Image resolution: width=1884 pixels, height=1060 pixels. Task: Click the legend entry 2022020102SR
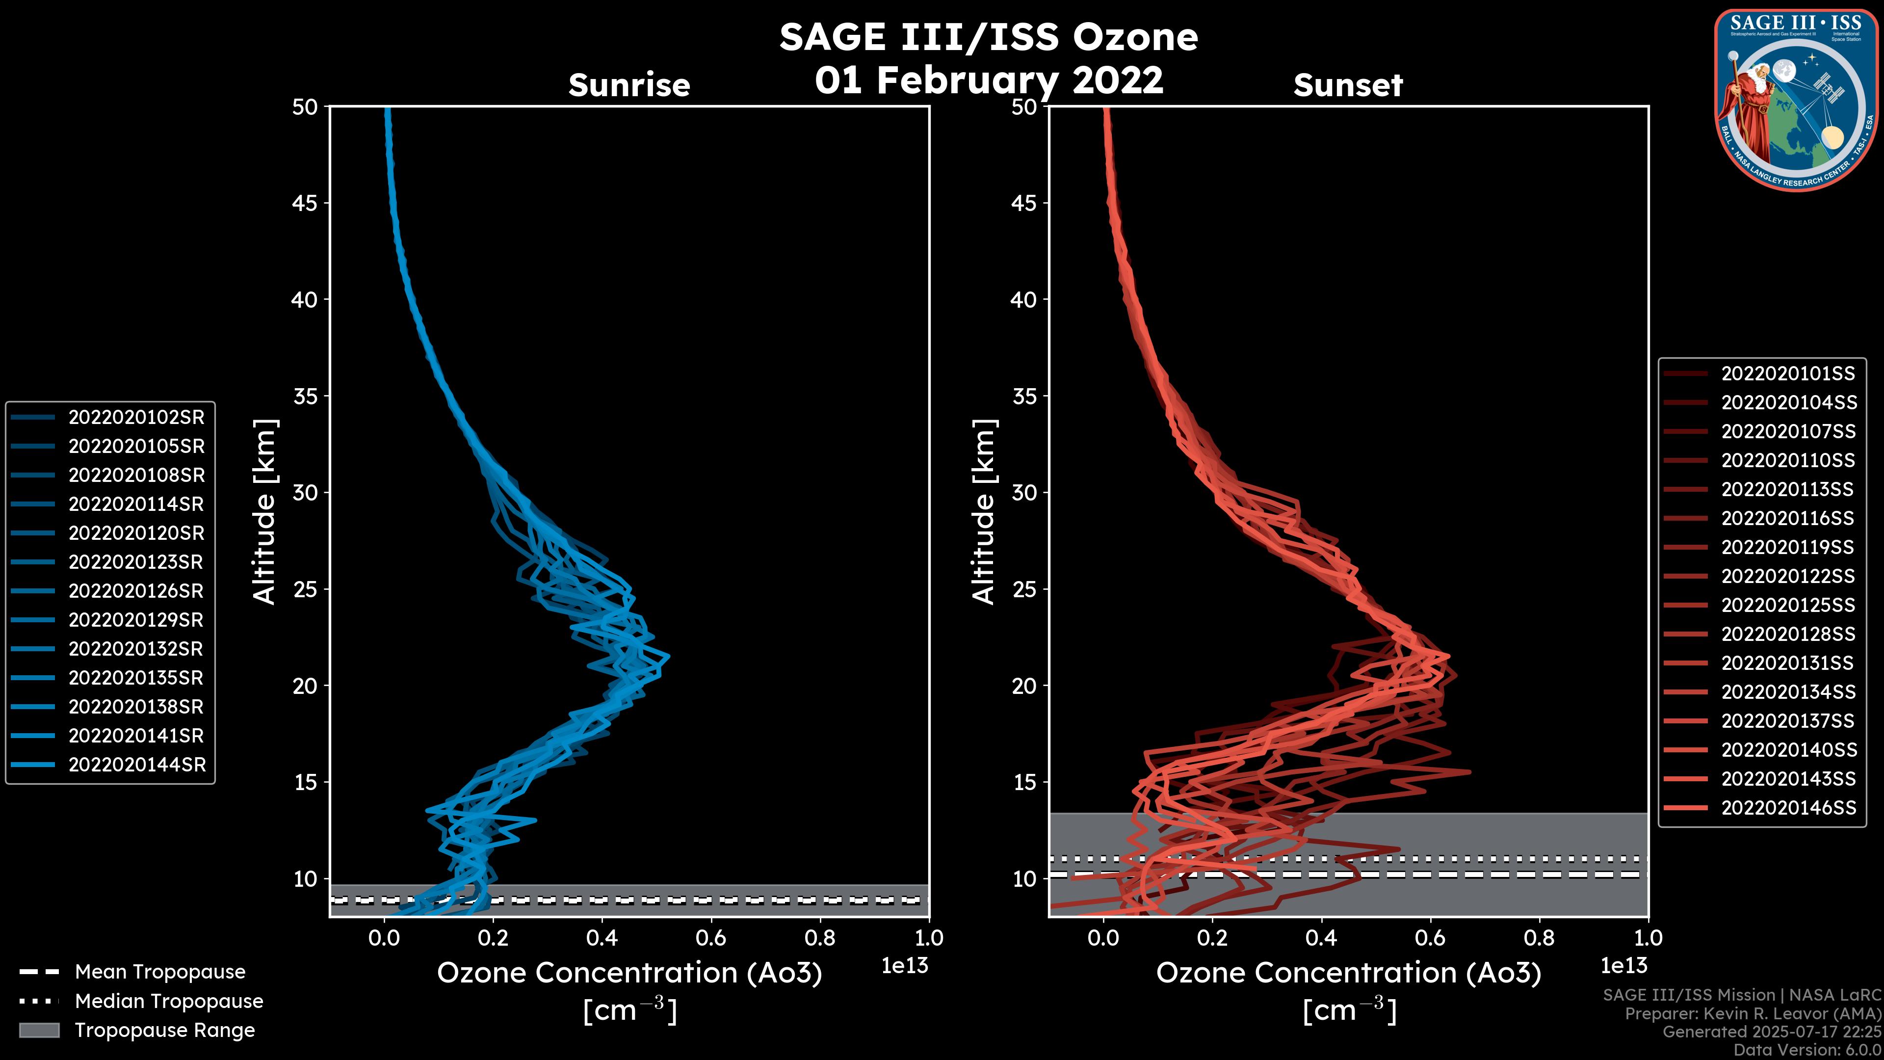(136, 418)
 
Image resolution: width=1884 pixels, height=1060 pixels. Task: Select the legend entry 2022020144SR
(136, 765)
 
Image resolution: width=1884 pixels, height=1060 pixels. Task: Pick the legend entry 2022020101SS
(1787, 374)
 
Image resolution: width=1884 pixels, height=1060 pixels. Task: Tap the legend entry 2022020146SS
(1787, 808)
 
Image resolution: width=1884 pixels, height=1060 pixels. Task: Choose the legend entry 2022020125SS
(1787, 606)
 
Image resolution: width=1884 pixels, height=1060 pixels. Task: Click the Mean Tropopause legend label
(159, 972)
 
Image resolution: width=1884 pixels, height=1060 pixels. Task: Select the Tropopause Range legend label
(164, 1031)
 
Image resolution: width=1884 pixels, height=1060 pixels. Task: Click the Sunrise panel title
(629, 85)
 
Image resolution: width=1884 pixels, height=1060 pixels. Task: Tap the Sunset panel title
(1348, 85)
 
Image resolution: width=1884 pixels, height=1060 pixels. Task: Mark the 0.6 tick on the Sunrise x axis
(711, 938)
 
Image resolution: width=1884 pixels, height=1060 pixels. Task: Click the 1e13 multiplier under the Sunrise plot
(904, 966)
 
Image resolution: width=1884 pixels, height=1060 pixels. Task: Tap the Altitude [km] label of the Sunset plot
(984, 512)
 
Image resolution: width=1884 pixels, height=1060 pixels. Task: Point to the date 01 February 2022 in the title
(989, 79)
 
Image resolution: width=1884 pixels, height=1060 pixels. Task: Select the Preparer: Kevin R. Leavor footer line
(1753, 1014)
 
